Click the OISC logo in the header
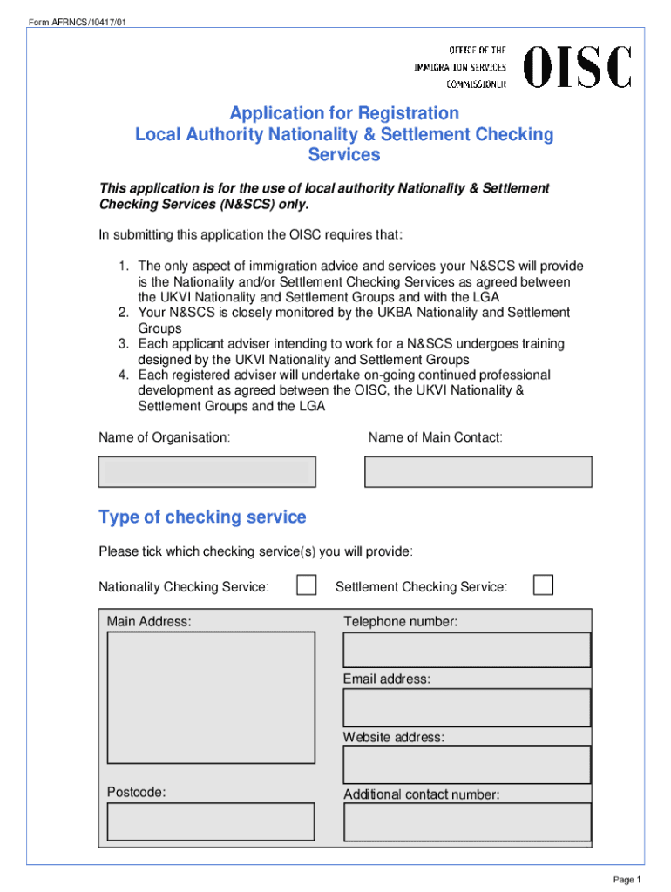pyautogui.click(x=577, y=67)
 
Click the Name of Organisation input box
pyautogui.click(x=207, y=471)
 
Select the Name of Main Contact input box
pyautogui.click(x=478, y=471)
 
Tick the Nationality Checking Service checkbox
pyautogui.click(x=306, y=585)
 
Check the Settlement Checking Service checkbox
pyautogui.click(x=543, y=585)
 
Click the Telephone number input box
pyautogui.click(x=466, y=650)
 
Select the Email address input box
pyautogui.click(x=466, y=707)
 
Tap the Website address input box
pyautogui.click(x=466, y=765)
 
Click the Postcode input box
pyautogui.click(x=210, y=821)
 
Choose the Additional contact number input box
pyautogui.click(x=466, y=822)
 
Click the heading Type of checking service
pyautogui.click(x=202, y=517)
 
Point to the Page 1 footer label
pyautogui.click(x=627, y=880)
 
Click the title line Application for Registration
pyautogui.click(x=344, y=113)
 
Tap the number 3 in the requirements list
pyautogui.click(x=124, y=344)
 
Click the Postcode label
pyautogui.click(x=136, y=792)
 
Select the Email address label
pyautogui.click(x=386, y=679)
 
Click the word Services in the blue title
pyautogui.click(x=344, y=155)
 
